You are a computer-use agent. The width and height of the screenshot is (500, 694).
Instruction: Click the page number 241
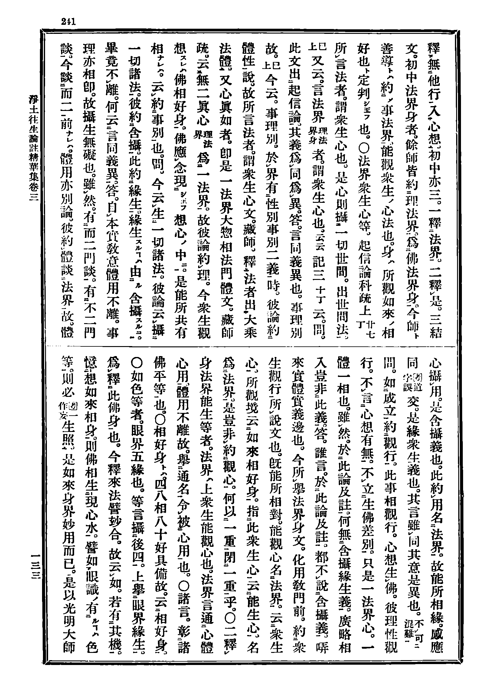coord(69,21)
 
